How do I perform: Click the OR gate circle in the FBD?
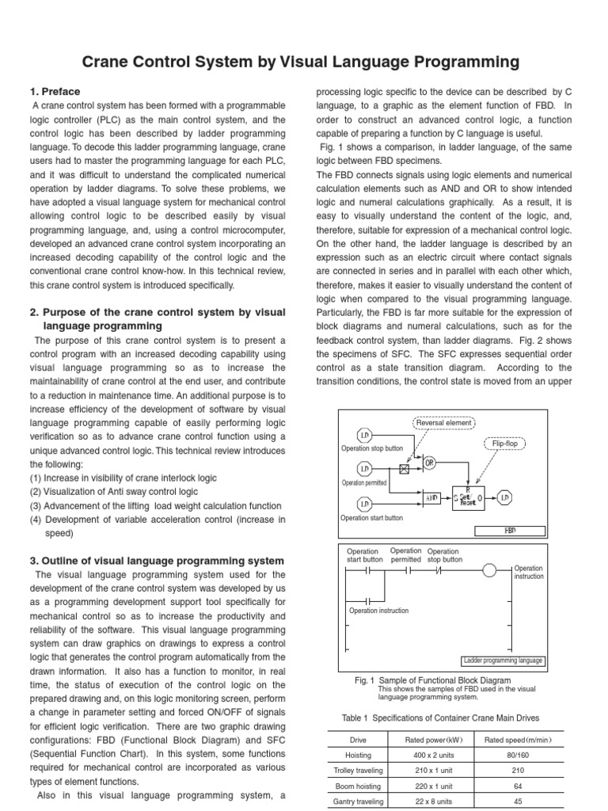430,462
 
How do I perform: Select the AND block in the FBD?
431,498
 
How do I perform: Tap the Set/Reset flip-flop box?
468,497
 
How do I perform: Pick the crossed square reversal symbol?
405,470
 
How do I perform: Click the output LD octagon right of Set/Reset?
504,497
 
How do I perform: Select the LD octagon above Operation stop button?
364,436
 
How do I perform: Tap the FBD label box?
510,531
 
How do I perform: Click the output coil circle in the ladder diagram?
490,571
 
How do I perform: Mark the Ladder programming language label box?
503,661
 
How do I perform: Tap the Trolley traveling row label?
359,771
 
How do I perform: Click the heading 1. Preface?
55,92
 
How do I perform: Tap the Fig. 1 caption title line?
432,680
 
